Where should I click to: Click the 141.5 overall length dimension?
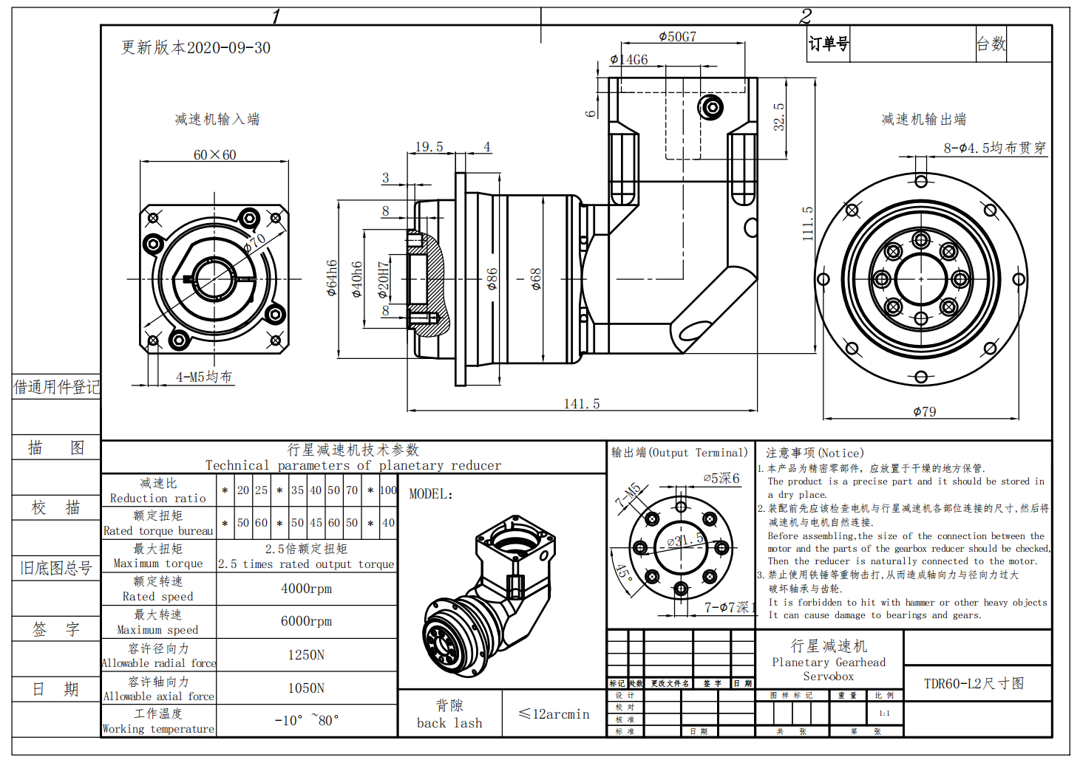pos(582,404)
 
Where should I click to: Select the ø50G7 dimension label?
pos(677,37)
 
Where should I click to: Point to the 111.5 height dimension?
pos(808,223)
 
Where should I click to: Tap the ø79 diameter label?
pos(924,412)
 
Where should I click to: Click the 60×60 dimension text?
pos(214,155)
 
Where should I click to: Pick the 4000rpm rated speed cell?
pos(306,589)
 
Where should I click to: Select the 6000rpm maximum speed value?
pos(306,621)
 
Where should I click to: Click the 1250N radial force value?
pos(306,655)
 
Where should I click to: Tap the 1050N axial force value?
pos(306,688)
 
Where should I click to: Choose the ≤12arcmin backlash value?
pos(554,714)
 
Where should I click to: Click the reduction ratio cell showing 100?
pos(388,490)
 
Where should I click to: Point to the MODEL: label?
pos(431,494)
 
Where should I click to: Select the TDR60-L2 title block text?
pos(974,684)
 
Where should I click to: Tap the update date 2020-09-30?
pos(228,48)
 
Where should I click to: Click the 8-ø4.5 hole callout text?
pos(994,148)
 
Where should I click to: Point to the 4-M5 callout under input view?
pos(203,377)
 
